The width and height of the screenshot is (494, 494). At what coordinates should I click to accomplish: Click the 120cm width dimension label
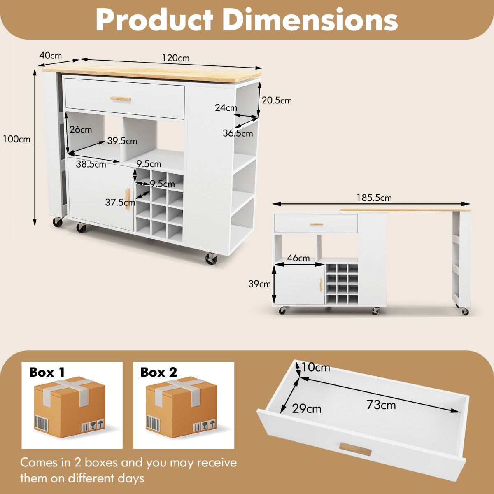point(176,58)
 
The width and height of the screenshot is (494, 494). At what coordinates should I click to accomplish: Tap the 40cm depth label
point(50,56)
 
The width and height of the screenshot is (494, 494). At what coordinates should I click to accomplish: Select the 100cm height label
point(16,139)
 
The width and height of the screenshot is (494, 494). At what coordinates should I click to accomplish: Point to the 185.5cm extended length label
point(374,198)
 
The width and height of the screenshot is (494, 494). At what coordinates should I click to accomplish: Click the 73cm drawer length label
point(381,405)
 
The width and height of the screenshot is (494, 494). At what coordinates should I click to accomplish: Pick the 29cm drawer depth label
point(307,409)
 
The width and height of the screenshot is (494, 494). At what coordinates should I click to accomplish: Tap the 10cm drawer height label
point(316,367)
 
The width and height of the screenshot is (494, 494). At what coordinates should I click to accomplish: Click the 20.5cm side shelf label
point(277,100)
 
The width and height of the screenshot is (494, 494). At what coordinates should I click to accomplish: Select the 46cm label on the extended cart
point(298,258)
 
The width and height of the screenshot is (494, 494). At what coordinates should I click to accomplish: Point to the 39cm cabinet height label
point(259,284)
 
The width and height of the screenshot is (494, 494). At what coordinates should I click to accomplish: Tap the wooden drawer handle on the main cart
point(121,98)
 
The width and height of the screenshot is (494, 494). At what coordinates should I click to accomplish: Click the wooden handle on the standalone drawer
point(355,449)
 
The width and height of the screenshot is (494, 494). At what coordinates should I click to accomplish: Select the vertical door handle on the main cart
point(128,198)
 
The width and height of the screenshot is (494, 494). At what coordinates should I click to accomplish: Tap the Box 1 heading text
point(47,372)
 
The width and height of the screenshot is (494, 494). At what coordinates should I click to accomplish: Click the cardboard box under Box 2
point(181,408)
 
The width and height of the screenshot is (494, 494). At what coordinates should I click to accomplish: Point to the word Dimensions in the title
point(312,19)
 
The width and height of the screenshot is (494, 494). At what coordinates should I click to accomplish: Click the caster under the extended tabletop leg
point(465,311)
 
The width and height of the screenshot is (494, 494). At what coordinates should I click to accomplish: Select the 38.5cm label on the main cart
point(91,165)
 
